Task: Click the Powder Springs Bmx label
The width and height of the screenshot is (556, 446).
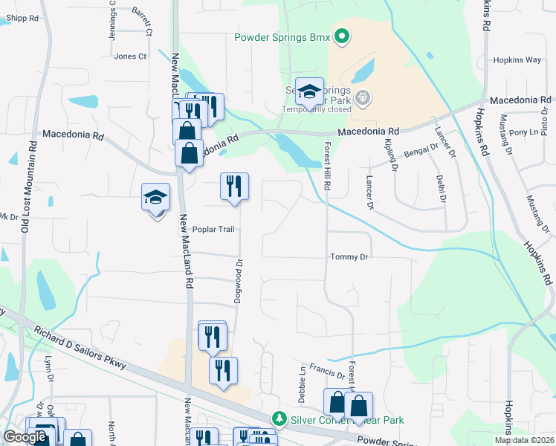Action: [282, 36]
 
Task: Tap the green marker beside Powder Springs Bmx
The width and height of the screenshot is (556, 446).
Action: [342, 36]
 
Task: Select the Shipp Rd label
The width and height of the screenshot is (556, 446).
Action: [19, 19]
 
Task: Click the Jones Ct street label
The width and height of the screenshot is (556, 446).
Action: [130, 56]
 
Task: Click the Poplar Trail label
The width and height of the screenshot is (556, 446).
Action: [213, 229]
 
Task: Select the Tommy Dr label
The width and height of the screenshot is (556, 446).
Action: [349, 256]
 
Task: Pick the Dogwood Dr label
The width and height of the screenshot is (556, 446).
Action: [239, 280]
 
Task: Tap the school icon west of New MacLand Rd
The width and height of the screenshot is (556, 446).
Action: [156, 198]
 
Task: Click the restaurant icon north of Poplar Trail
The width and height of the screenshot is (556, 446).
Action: [234, 187]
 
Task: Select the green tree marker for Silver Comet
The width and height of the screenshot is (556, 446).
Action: [279, 419]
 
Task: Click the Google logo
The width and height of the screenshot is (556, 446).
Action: [25, 437]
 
